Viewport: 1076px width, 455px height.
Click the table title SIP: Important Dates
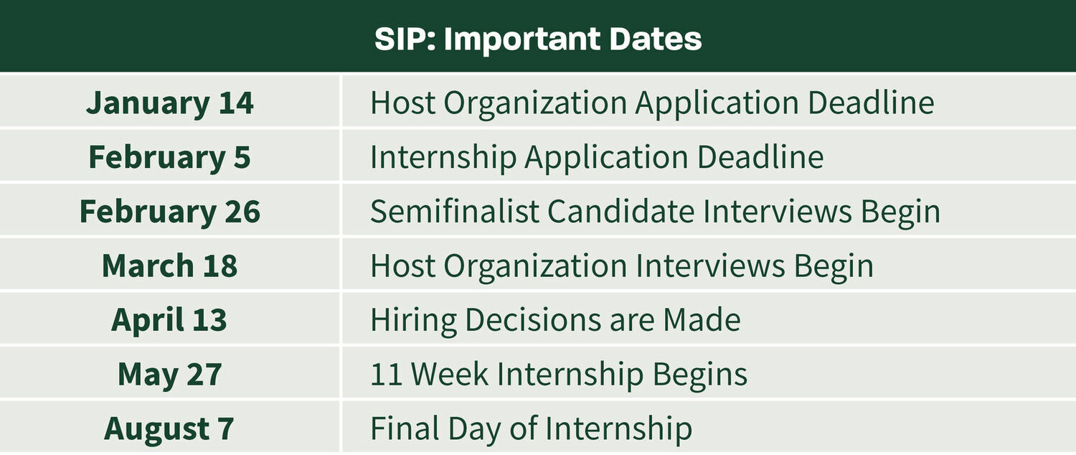click(537, 39)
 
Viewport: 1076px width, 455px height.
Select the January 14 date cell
click(170, 103)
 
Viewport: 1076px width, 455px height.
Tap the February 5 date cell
click(170, 157)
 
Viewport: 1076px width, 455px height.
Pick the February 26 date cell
click(170, 212)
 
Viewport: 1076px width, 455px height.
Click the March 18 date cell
click(170, 266)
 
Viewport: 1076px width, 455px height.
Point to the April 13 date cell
click(170, 320)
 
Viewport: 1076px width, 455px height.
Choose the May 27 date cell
click(170, 375)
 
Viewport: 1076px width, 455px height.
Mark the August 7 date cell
click(170, 428)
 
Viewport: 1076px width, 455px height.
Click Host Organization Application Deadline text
click(652, 103)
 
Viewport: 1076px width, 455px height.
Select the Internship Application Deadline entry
click(597, 157)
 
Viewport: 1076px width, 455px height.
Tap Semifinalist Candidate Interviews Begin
click(655, 212)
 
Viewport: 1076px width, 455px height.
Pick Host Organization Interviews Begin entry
click(622, 266)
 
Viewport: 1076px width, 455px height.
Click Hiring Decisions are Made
click(555, 320)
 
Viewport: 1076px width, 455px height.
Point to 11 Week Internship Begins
click(559, 375)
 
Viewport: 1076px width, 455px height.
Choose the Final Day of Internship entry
click(531, 428)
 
